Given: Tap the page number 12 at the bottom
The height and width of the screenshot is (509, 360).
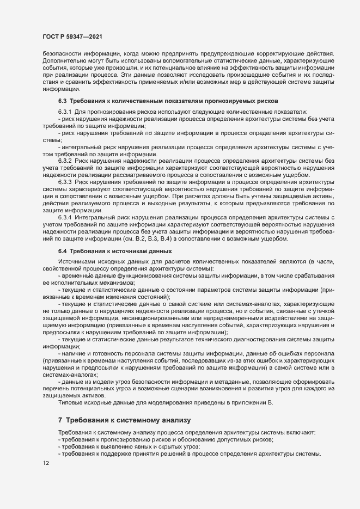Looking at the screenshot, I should click(x=46, y=463).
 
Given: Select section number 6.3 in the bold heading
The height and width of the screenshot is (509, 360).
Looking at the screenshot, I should click(x=62, y=101).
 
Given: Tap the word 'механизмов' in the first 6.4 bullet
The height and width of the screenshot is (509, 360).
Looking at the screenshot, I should click(x=116, y=283).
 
